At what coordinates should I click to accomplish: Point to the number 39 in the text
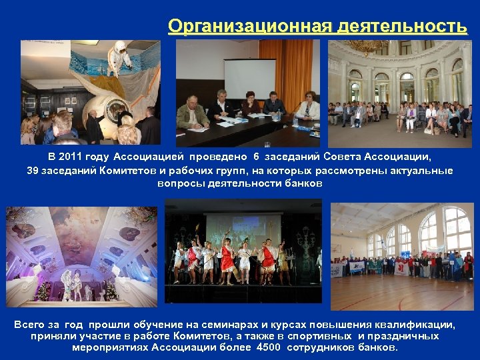click(33, 171)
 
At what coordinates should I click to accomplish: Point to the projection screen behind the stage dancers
click(240, 229)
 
